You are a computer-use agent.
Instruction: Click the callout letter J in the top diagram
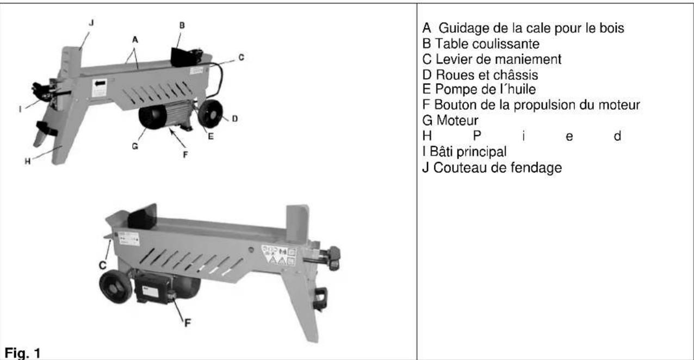click(x=91, y=23)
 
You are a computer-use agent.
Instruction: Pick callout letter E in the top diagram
click(x=210, y=136)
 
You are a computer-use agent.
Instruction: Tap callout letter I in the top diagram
click(x=20, y=109)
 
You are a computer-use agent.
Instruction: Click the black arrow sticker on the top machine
click(x=100, y=86)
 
